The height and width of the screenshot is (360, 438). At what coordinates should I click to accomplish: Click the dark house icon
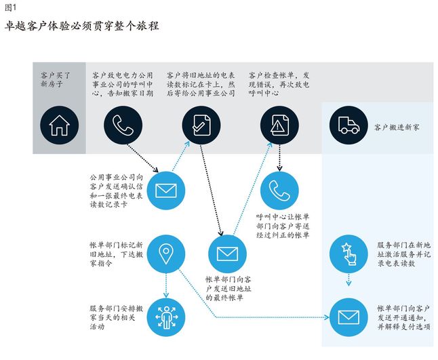click(x=59, y=125)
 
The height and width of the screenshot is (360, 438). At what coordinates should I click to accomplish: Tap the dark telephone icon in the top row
click(x=123, y=125)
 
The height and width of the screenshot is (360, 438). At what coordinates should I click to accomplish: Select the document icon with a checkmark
click(x=202, y=125)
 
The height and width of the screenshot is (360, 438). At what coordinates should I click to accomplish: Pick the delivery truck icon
click(x=349, y=125)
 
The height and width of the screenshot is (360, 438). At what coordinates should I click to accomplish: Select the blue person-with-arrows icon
click(x=166, y=317)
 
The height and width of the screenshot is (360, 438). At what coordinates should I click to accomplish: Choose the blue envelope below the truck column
click(x=349, y=317)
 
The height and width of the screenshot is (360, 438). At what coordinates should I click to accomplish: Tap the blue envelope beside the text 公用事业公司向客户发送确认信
click(x=166, y=190)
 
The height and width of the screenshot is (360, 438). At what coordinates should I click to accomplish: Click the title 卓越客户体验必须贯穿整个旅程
click(x=81, y=26)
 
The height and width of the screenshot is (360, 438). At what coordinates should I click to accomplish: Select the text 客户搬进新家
click(x=397, y=126)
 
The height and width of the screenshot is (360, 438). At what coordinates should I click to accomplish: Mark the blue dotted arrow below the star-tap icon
click(x=349, y=281)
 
